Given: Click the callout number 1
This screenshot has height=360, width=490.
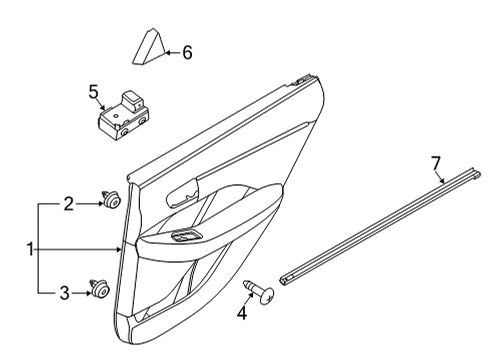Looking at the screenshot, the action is tap(30, 249).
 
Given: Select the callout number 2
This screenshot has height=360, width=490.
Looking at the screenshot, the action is tap(69, 204).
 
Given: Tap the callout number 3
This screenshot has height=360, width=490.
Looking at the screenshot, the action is tap(65, 293).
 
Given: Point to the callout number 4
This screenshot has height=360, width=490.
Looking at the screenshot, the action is tap(242, 313).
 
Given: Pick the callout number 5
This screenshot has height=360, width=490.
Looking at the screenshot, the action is tap(94, 92).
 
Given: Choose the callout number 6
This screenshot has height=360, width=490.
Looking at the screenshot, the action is tap(187, 53).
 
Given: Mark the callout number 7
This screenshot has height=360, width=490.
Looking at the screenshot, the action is tap(436, 163).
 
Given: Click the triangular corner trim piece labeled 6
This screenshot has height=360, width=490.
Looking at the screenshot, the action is tap(149, 47).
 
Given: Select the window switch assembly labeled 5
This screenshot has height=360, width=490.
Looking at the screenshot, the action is tap(124, 115).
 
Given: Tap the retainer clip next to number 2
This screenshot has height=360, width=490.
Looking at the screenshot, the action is tap(112, 199).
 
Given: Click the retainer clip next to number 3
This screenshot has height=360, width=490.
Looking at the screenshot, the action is tap(99, 288).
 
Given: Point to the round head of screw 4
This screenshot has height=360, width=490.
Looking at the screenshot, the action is tap(267, 295).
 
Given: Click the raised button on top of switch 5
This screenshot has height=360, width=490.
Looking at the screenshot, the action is tap(132, 100).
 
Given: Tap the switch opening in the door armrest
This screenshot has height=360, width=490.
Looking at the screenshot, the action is tap(186, 236).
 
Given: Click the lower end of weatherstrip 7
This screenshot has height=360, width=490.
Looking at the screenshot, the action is tap(286, 280).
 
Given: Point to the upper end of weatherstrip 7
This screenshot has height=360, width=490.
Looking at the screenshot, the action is tap(475, 173).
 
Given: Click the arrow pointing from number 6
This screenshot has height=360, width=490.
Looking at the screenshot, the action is tap(173, 52).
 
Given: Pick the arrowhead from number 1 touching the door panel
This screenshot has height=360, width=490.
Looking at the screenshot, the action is tap(119, 249).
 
